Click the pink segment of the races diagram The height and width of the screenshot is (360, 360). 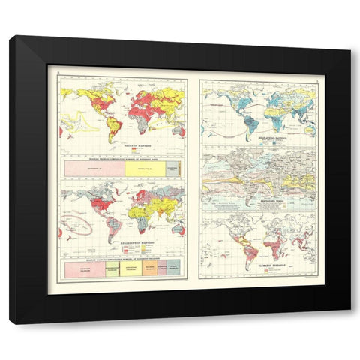click(x=94, y=170)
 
